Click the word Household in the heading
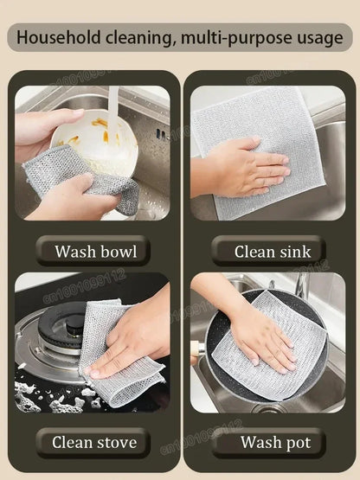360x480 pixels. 58,38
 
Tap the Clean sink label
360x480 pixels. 267,252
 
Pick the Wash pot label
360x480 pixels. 267,442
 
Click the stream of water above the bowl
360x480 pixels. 113,108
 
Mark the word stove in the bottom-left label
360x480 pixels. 116,442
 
